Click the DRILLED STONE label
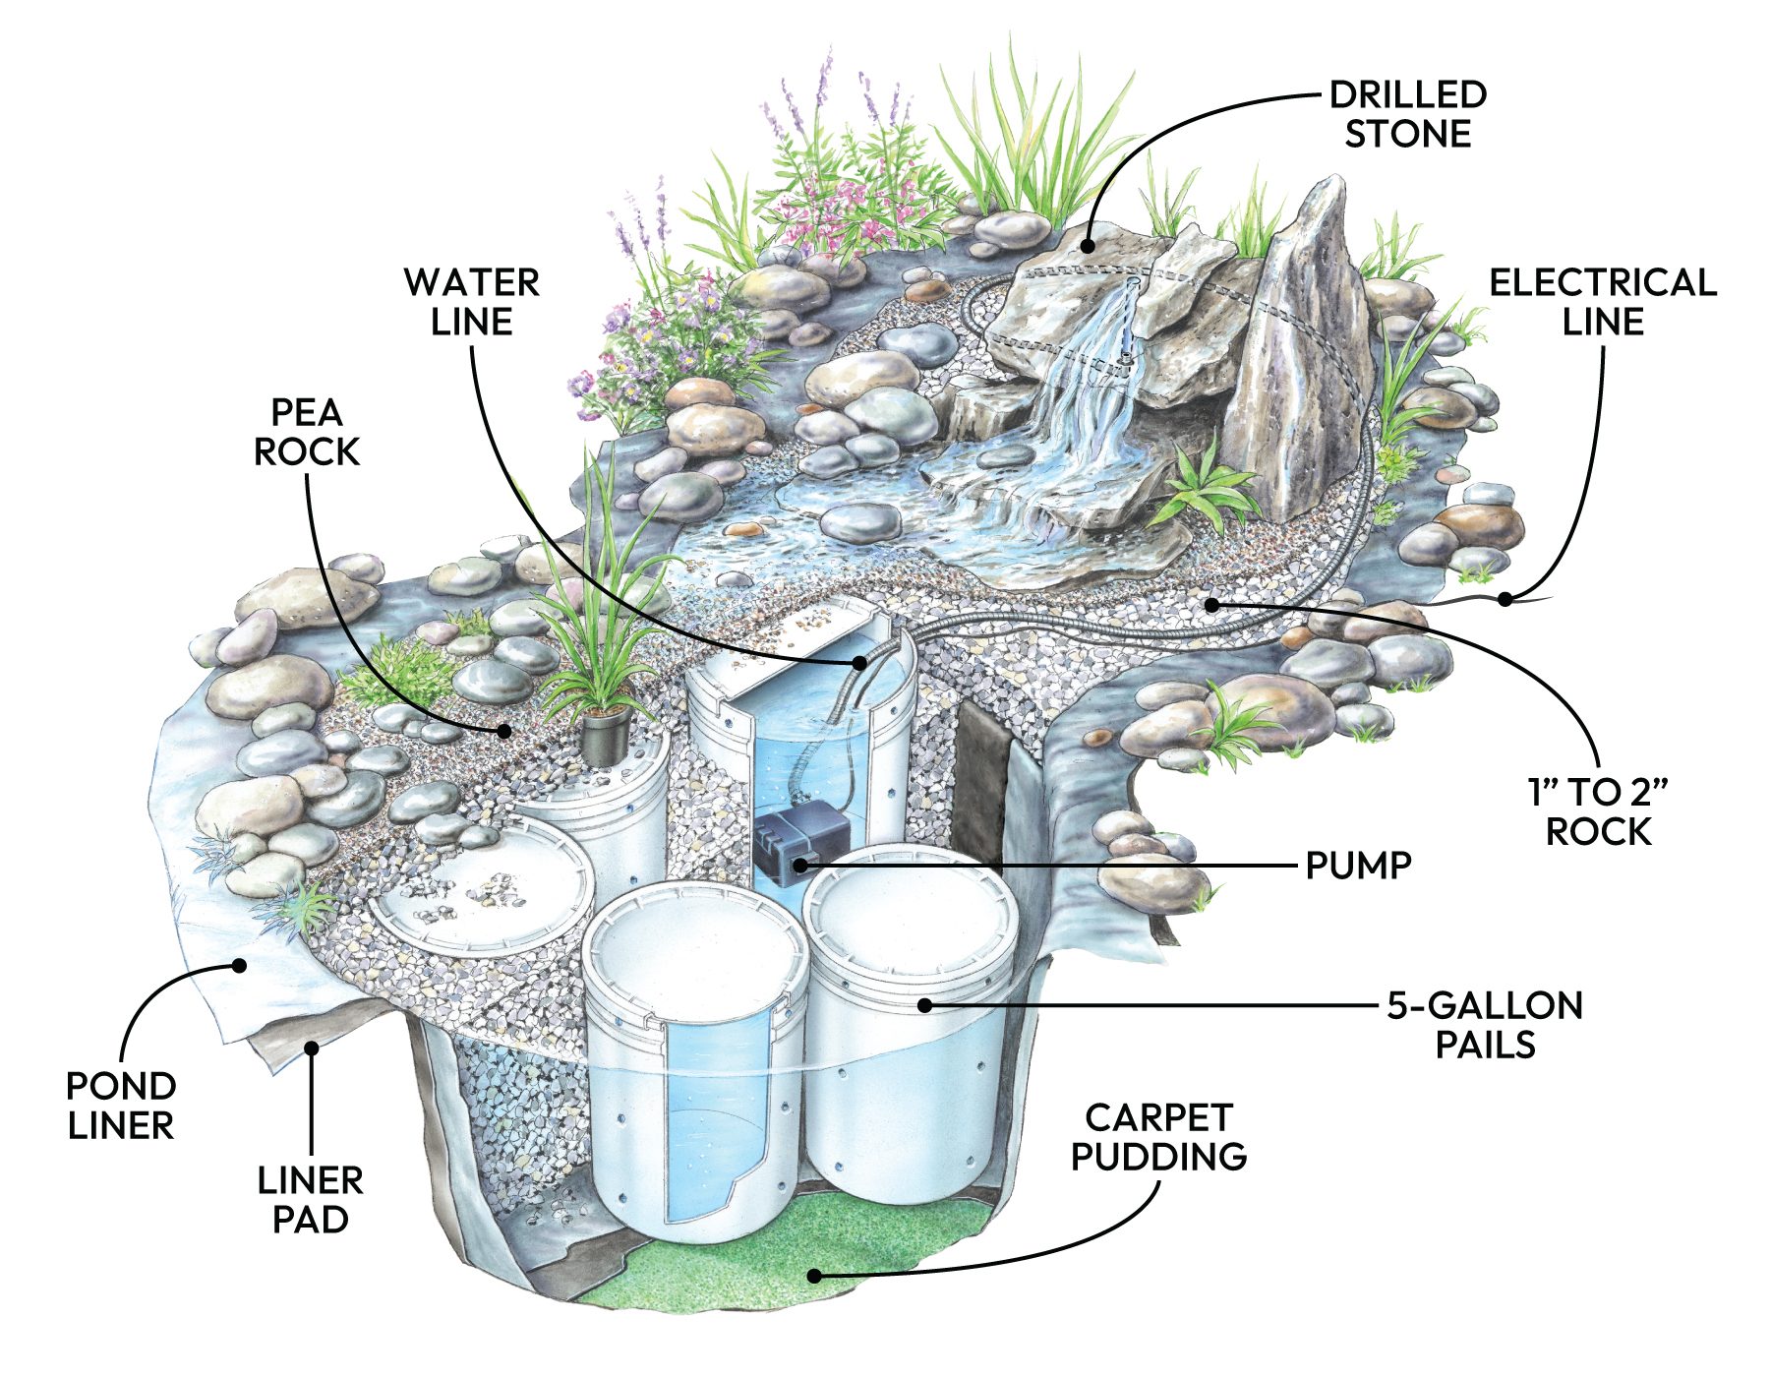(x=1407, y=114)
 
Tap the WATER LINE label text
(x=471, y=302)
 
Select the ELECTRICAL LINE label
(x=1602, y=302)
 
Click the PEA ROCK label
(x=307, y=432)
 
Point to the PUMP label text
(x=1358, y=866)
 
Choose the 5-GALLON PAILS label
(x=1485, y=1024)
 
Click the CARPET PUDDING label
(x=1158, y=1136)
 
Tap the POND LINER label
(x=120, y=1105)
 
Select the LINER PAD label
(x=310, y=1199)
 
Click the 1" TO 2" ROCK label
(x=1598, y=811)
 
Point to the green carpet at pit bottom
(x=747, y=1269)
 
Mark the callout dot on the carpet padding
(x=814, y=1276)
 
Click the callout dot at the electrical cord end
(x=1504, y=597)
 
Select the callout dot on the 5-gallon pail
(x=924, y=1004)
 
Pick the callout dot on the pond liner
(x=238, y=965)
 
